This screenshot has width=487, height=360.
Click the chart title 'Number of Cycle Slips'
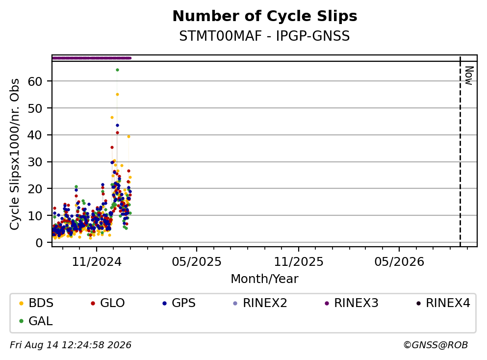pyautogui.click(x=265, y=16)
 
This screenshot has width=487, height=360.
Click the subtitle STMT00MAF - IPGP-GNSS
pyautogui.click(x=265, y=36)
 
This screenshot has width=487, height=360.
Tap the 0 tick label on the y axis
pyautogui.click(x=39, y=243)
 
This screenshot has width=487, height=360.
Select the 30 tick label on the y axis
pyautogui.click(x=35, y=162)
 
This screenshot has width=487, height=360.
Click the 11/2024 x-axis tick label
pyautogui.click(x=97, y=262)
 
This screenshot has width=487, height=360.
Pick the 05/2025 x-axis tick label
pyautogui.click(x=197, y=262)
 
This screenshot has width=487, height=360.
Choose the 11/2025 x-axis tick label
pyautogui.click(x=299, y=262)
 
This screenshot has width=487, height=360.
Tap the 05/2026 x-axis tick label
pyautogui.click(x=399, y=262)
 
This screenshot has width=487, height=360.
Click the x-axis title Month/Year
pyautogui.click(x=265, y=279)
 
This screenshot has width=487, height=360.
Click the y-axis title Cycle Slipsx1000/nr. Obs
pyautogui.click(x=15, y=154)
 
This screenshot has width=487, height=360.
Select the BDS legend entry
pyautogui.click(x=36, y=303)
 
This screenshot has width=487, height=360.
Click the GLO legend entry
pyautogui.click(x=108, y=303)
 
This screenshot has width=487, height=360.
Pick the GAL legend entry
pyautogui.click(x=36, y=321)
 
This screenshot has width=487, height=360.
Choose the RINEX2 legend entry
pyautogui.click(x=260, y=303)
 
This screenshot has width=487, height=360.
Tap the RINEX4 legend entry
pyautogui.click(x=443, y=303)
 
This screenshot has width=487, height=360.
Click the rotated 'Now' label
pyautogui.click(x=469, y=76)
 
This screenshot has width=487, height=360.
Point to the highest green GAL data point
pyautogui.click(x=117, y=70)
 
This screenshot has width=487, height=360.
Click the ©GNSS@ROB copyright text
pyautogui.click(x=436, y=345)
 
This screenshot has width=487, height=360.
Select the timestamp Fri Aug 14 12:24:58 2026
pyautogui.click(x=71, y=345)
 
